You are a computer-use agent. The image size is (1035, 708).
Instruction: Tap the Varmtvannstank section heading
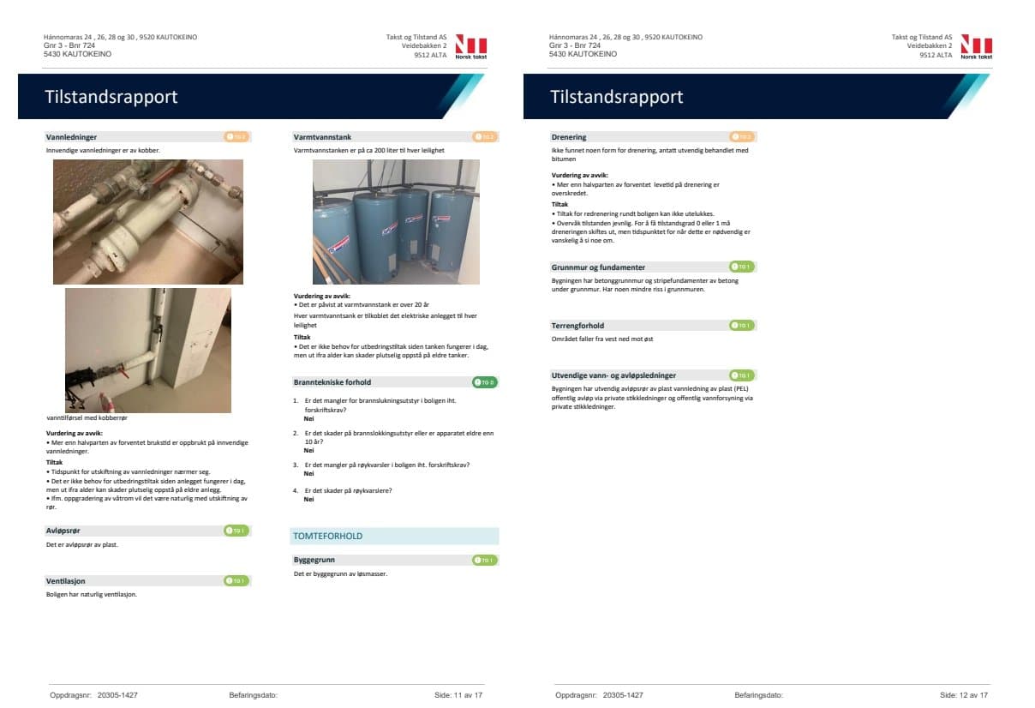322,137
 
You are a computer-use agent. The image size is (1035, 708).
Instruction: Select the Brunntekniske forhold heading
332,382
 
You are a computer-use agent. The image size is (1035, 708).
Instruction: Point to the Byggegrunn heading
314,560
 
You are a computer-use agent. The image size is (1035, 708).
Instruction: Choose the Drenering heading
569,137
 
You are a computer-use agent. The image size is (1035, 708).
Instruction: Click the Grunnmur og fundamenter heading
598,267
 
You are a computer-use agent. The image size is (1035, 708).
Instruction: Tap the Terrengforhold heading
577,326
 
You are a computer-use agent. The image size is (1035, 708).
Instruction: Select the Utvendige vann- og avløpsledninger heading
613,375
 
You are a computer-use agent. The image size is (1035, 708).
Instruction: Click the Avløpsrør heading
63,531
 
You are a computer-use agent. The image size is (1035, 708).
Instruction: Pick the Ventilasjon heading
65,581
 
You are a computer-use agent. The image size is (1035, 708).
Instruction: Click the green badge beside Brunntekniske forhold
484,382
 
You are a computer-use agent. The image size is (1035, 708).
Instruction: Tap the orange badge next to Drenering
741,137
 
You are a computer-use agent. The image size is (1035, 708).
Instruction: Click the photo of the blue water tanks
396,221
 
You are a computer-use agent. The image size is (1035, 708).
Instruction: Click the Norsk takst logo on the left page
470,46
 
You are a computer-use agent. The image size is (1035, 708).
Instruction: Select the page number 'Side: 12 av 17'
964,695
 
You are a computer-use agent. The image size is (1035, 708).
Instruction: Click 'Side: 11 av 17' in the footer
458,695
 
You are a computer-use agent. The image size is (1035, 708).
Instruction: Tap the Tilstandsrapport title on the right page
617,97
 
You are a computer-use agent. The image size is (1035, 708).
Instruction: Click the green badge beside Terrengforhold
741,326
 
